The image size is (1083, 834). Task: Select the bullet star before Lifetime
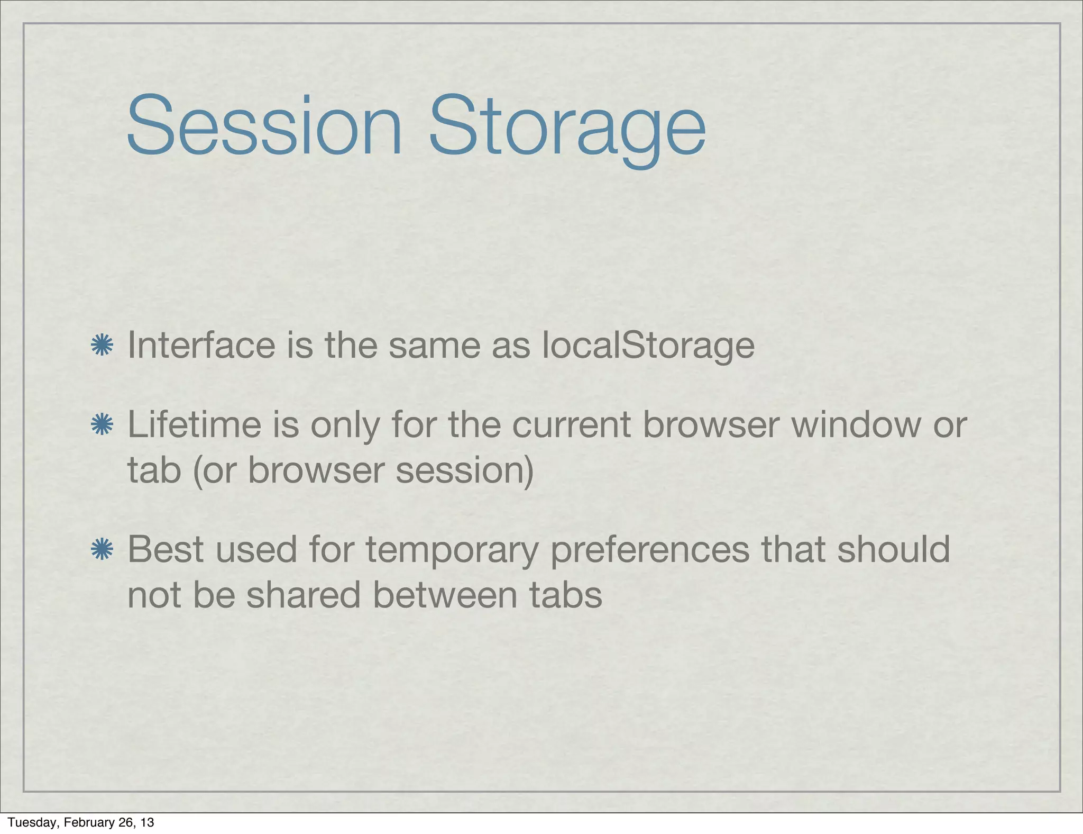(x=102, y=425)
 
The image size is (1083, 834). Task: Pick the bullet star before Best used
(x=102, y=549)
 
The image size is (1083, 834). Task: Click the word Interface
(x=201, y=345)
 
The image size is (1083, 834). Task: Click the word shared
(x=303, y=595)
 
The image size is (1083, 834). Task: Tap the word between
(x=445, y=595)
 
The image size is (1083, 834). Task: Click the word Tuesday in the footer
(x=32, y=822)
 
